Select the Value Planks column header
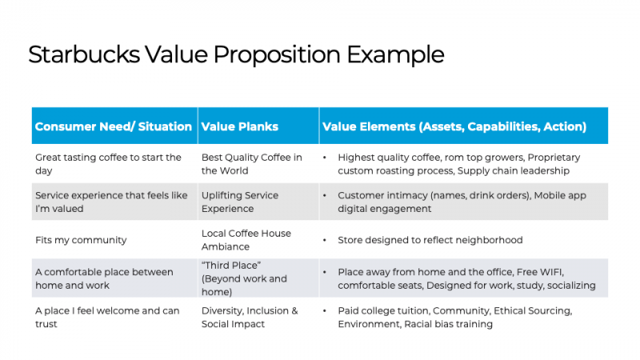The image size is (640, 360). pyautogui.click(x=240, y=126)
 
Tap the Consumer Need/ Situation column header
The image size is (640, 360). pyautogui.click(x=114, y=126)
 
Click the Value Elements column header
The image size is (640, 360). pyautogui.click(x=454, y=126)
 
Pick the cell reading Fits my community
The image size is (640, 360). pyautogui.click(x=81, y=240)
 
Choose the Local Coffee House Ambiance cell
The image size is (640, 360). pyautogui.click(x=246, y=240)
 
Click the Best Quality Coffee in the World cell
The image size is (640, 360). pyautogui.click(x=252, y=164)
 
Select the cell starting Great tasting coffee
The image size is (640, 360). pyautogui.click(x=108, y=164)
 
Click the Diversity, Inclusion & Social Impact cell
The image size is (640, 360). pyautogui.click(x=250, y=317)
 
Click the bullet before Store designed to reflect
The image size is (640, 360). pyautogui.click(x=324, y=240)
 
